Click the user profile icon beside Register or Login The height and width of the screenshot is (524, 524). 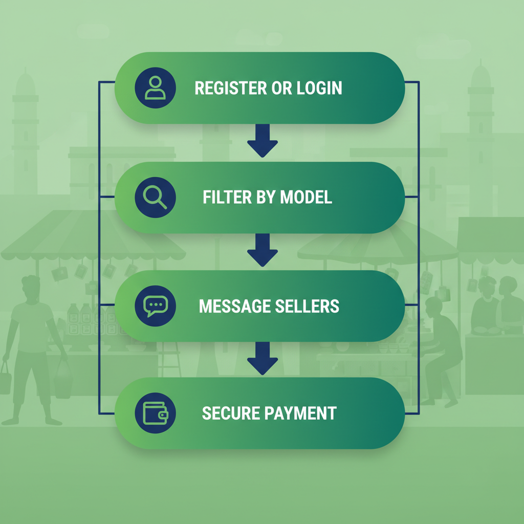(155, 88)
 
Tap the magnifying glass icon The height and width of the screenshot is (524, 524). (155, 198)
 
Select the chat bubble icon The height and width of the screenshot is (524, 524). (155, 306)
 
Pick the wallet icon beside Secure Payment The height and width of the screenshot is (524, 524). (155, 413)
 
